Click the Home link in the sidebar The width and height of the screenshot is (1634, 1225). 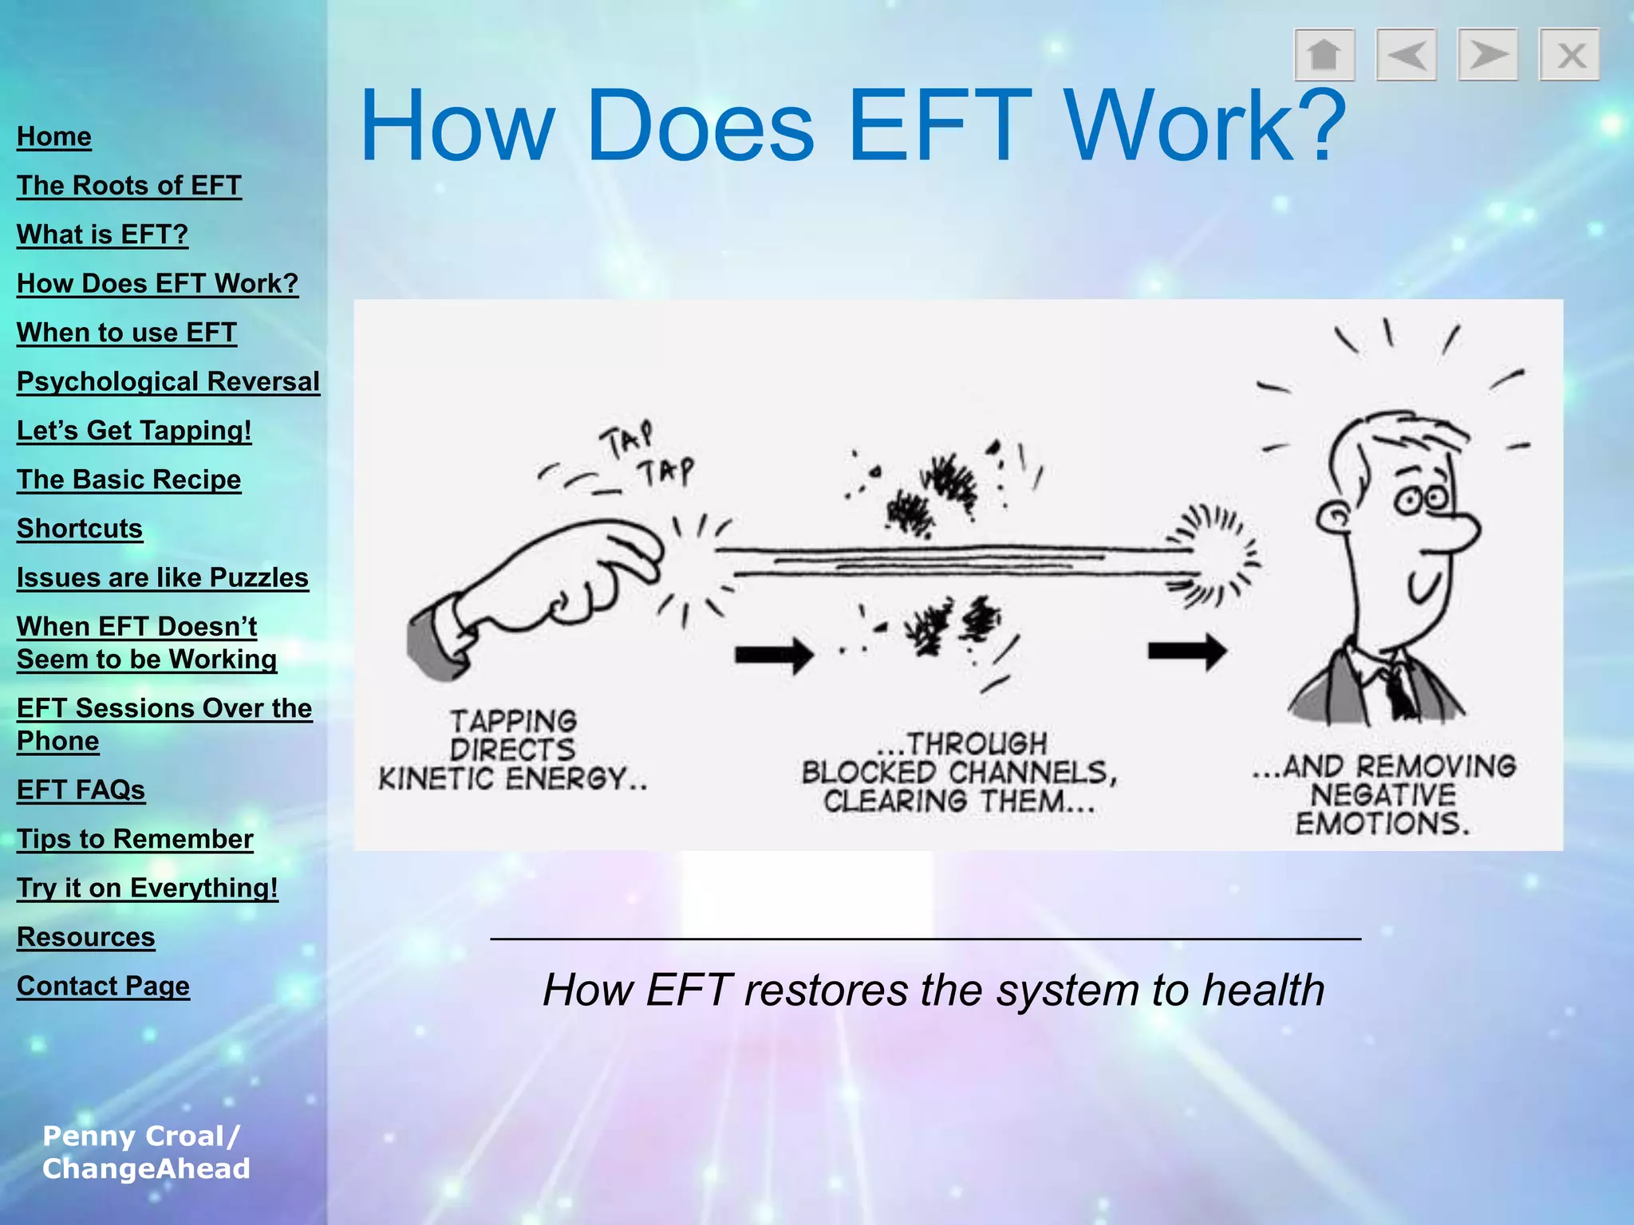(54, 136)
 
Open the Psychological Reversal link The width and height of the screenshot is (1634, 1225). (168, 381)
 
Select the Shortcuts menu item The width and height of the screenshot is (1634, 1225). (80, 528)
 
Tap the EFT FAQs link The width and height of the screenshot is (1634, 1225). (81, 790)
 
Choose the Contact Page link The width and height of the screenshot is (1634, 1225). (103, 986)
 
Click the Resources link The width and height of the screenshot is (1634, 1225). (85, 936)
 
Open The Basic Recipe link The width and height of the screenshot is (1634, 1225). (128, 479)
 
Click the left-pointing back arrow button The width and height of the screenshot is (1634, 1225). (1406, 55)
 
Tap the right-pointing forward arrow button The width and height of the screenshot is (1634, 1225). (1487, 55)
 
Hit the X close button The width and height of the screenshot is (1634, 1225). (1569, 55)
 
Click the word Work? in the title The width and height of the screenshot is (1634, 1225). (1205, 125)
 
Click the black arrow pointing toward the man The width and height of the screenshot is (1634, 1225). (1186, 652)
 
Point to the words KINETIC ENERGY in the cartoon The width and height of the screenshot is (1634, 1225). (512, 778)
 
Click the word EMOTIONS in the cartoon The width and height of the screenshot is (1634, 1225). (1382, 823)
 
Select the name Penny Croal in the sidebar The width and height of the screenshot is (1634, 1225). (134, 1136)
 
